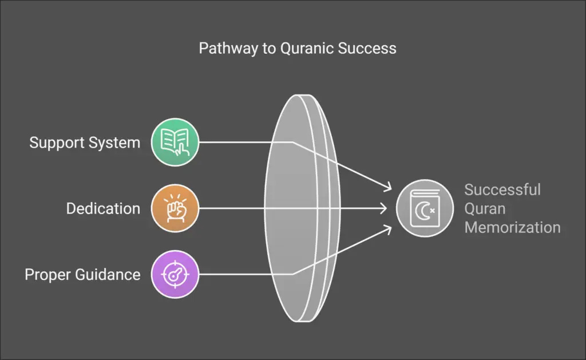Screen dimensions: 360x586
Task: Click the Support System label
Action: pos(85,143)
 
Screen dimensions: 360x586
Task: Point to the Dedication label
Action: pos(103,208)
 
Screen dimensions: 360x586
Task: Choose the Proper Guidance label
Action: pos(82,274)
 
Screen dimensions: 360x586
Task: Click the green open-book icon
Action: pos(175,143)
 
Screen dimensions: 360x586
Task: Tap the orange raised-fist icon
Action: pos(175,208)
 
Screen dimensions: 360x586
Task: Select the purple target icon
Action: pos(175,274)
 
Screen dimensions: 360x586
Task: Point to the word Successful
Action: pos(502,189)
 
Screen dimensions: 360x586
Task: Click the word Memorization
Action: pos(512,227)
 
